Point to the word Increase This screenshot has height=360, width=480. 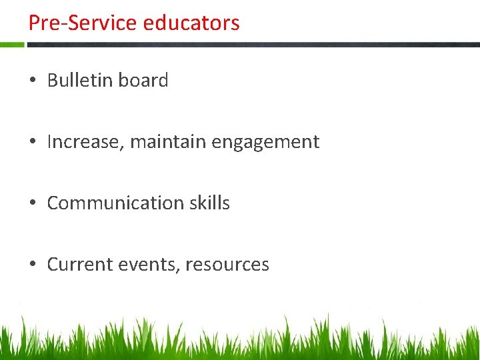click(83, 142)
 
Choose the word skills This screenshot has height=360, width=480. click(208, 203)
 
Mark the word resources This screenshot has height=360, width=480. click(227, 265)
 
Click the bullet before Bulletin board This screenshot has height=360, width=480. click(32, 81)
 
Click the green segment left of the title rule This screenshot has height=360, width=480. click(12, 45)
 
